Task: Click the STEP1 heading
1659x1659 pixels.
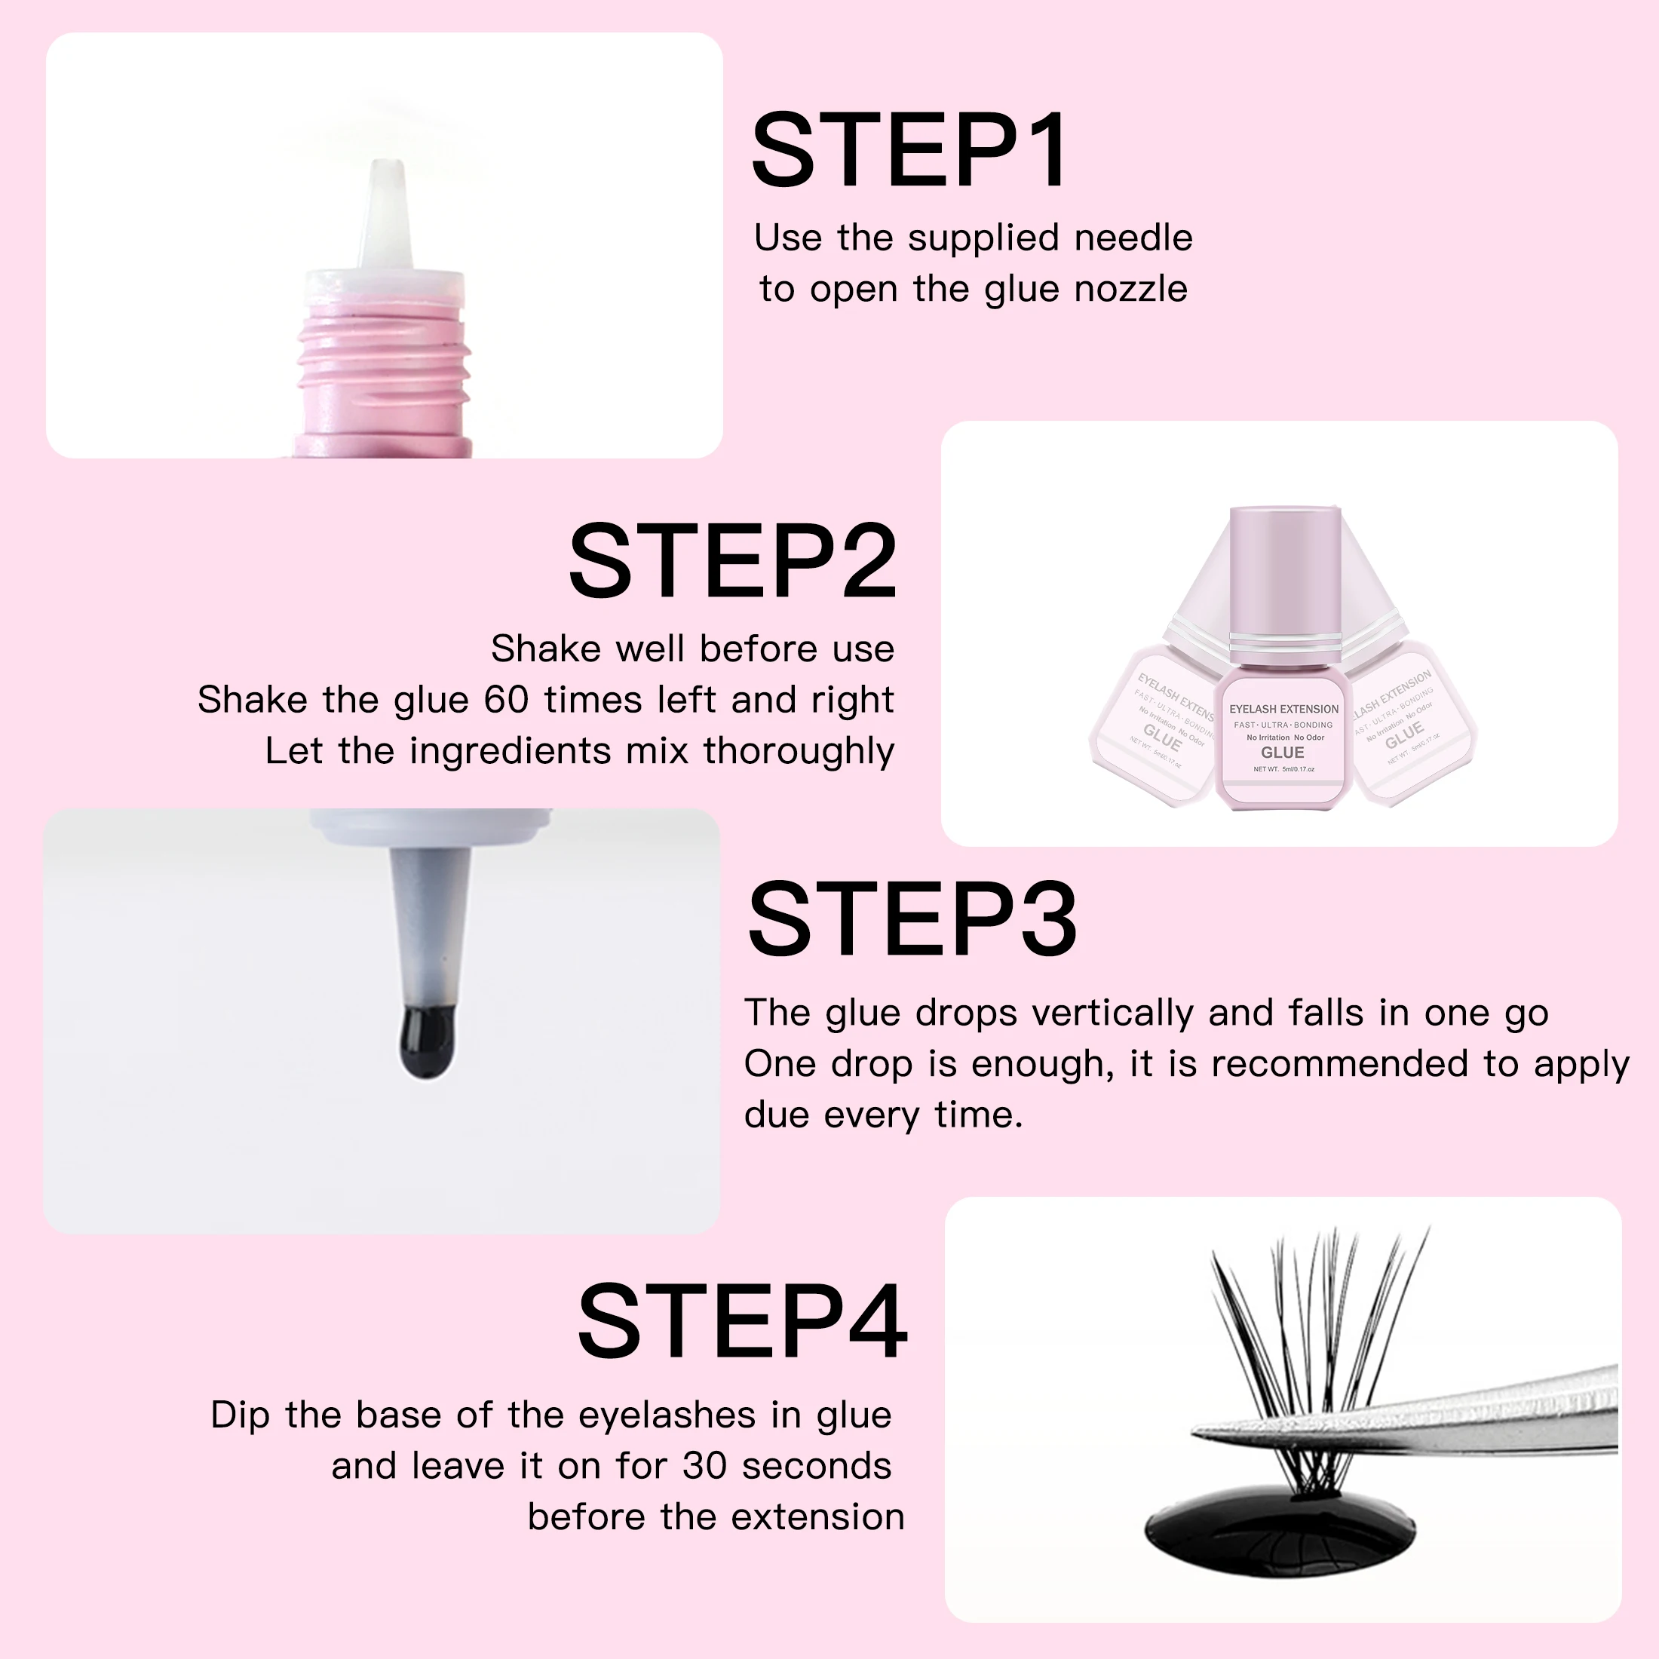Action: [909, 151]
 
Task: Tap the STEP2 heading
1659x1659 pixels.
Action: [732, 562]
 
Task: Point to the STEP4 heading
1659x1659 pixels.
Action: [742, 1323]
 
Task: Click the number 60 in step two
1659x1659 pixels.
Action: [506, 700]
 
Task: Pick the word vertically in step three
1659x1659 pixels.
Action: [1112, 1013]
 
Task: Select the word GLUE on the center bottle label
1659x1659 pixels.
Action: [1282, 753]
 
